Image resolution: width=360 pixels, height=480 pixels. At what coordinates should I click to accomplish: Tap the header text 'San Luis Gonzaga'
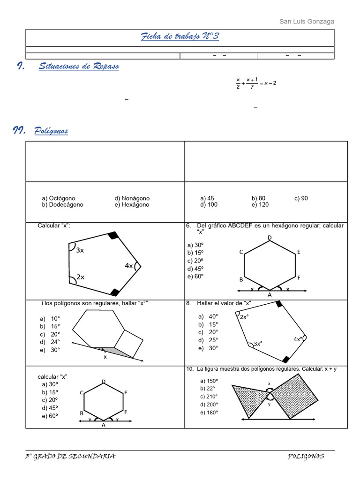307,22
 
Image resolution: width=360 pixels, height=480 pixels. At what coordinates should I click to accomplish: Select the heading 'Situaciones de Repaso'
78,67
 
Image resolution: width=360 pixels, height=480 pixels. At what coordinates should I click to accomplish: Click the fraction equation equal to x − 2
256,83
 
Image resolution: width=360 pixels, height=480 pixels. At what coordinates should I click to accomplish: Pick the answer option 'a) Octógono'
59,198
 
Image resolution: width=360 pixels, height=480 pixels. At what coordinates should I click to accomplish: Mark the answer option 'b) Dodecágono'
62,205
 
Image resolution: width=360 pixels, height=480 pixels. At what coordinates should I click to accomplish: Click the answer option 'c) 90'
301,198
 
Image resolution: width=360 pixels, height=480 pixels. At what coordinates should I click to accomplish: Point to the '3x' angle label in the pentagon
80,250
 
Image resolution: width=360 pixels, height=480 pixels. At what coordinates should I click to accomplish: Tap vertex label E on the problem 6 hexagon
298,252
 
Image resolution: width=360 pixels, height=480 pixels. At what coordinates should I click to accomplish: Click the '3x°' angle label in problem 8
258,344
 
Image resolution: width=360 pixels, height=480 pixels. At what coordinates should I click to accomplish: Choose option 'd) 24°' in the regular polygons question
50,342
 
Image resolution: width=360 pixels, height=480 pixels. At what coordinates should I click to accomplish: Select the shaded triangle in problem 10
248,397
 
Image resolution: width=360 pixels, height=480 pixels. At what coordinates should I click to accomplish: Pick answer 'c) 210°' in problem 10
209,397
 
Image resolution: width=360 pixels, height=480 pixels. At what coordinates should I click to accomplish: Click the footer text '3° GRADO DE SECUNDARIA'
71,457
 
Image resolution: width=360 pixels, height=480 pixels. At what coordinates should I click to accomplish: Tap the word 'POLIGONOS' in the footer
306,457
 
